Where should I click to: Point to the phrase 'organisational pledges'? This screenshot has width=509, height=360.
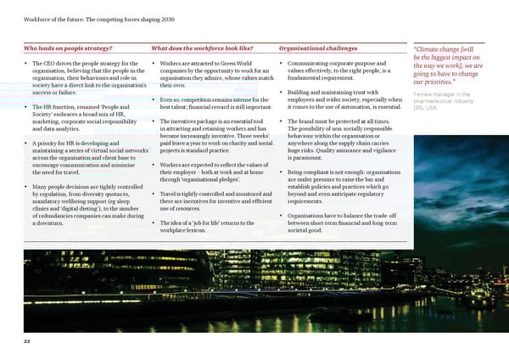click(199, 180)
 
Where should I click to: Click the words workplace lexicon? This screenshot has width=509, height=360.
click(187, 230)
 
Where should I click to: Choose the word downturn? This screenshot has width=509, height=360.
click(53, 222)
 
